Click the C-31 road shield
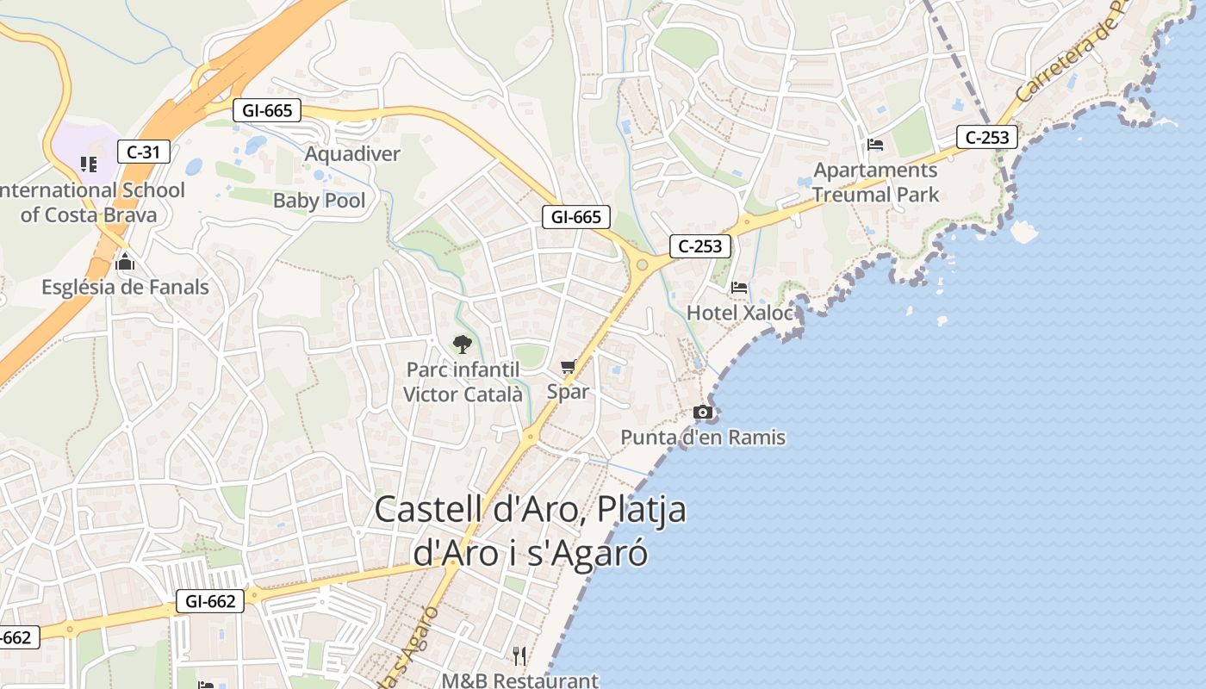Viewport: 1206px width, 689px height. tap(143, 152)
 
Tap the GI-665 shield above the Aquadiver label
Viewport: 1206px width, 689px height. tap(267, 110)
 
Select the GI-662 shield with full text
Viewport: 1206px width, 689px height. tap(210, 601)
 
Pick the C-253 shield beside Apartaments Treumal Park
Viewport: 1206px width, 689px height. tap(987, 137)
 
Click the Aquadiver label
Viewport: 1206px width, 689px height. tap(353, 154)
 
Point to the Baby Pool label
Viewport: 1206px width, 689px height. tap(320, 201)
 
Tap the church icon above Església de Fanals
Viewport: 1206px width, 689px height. tap(125, 263)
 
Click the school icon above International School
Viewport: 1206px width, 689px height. tap(89, 164)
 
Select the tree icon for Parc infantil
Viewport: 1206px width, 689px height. tap(463, 344)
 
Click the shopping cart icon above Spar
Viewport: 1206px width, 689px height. tap(568, 368)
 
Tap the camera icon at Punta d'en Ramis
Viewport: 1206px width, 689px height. tap(703, 413)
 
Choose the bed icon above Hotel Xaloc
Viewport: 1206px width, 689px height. tap(739, 288)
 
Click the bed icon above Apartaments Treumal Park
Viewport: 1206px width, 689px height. tap(875, 145)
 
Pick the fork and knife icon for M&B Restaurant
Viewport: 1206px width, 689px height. tap(519, 656)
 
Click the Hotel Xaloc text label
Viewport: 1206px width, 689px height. tap(739, 313)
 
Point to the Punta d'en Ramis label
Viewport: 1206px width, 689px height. tap(703, 438)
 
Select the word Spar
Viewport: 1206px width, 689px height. tap(569, 392)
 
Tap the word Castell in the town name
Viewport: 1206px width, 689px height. tap(428, 509)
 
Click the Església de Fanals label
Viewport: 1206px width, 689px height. tap(125, 287)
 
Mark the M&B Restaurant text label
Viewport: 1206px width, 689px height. tap(519, 680)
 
